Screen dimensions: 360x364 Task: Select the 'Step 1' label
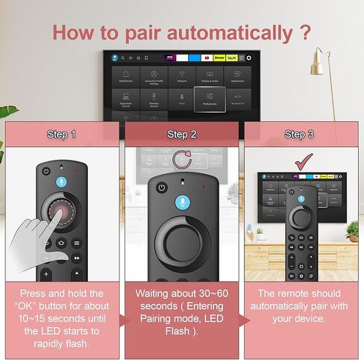pos(61,134)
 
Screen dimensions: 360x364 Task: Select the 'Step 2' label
pos(182,134)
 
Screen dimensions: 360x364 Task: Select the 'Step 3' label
pos(303,134)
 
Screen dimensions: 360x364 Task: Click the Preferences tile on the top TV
pos(209,99)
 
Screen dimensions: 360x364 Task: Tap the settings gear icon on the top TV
pos(250,58)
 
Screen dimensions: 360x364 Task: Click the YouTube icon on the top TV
pos(207,58)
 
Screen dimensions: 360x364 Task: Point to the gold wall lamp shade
pos(317,67)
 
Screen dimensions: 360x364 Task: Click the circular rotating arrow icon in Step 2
pos(182,159)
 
